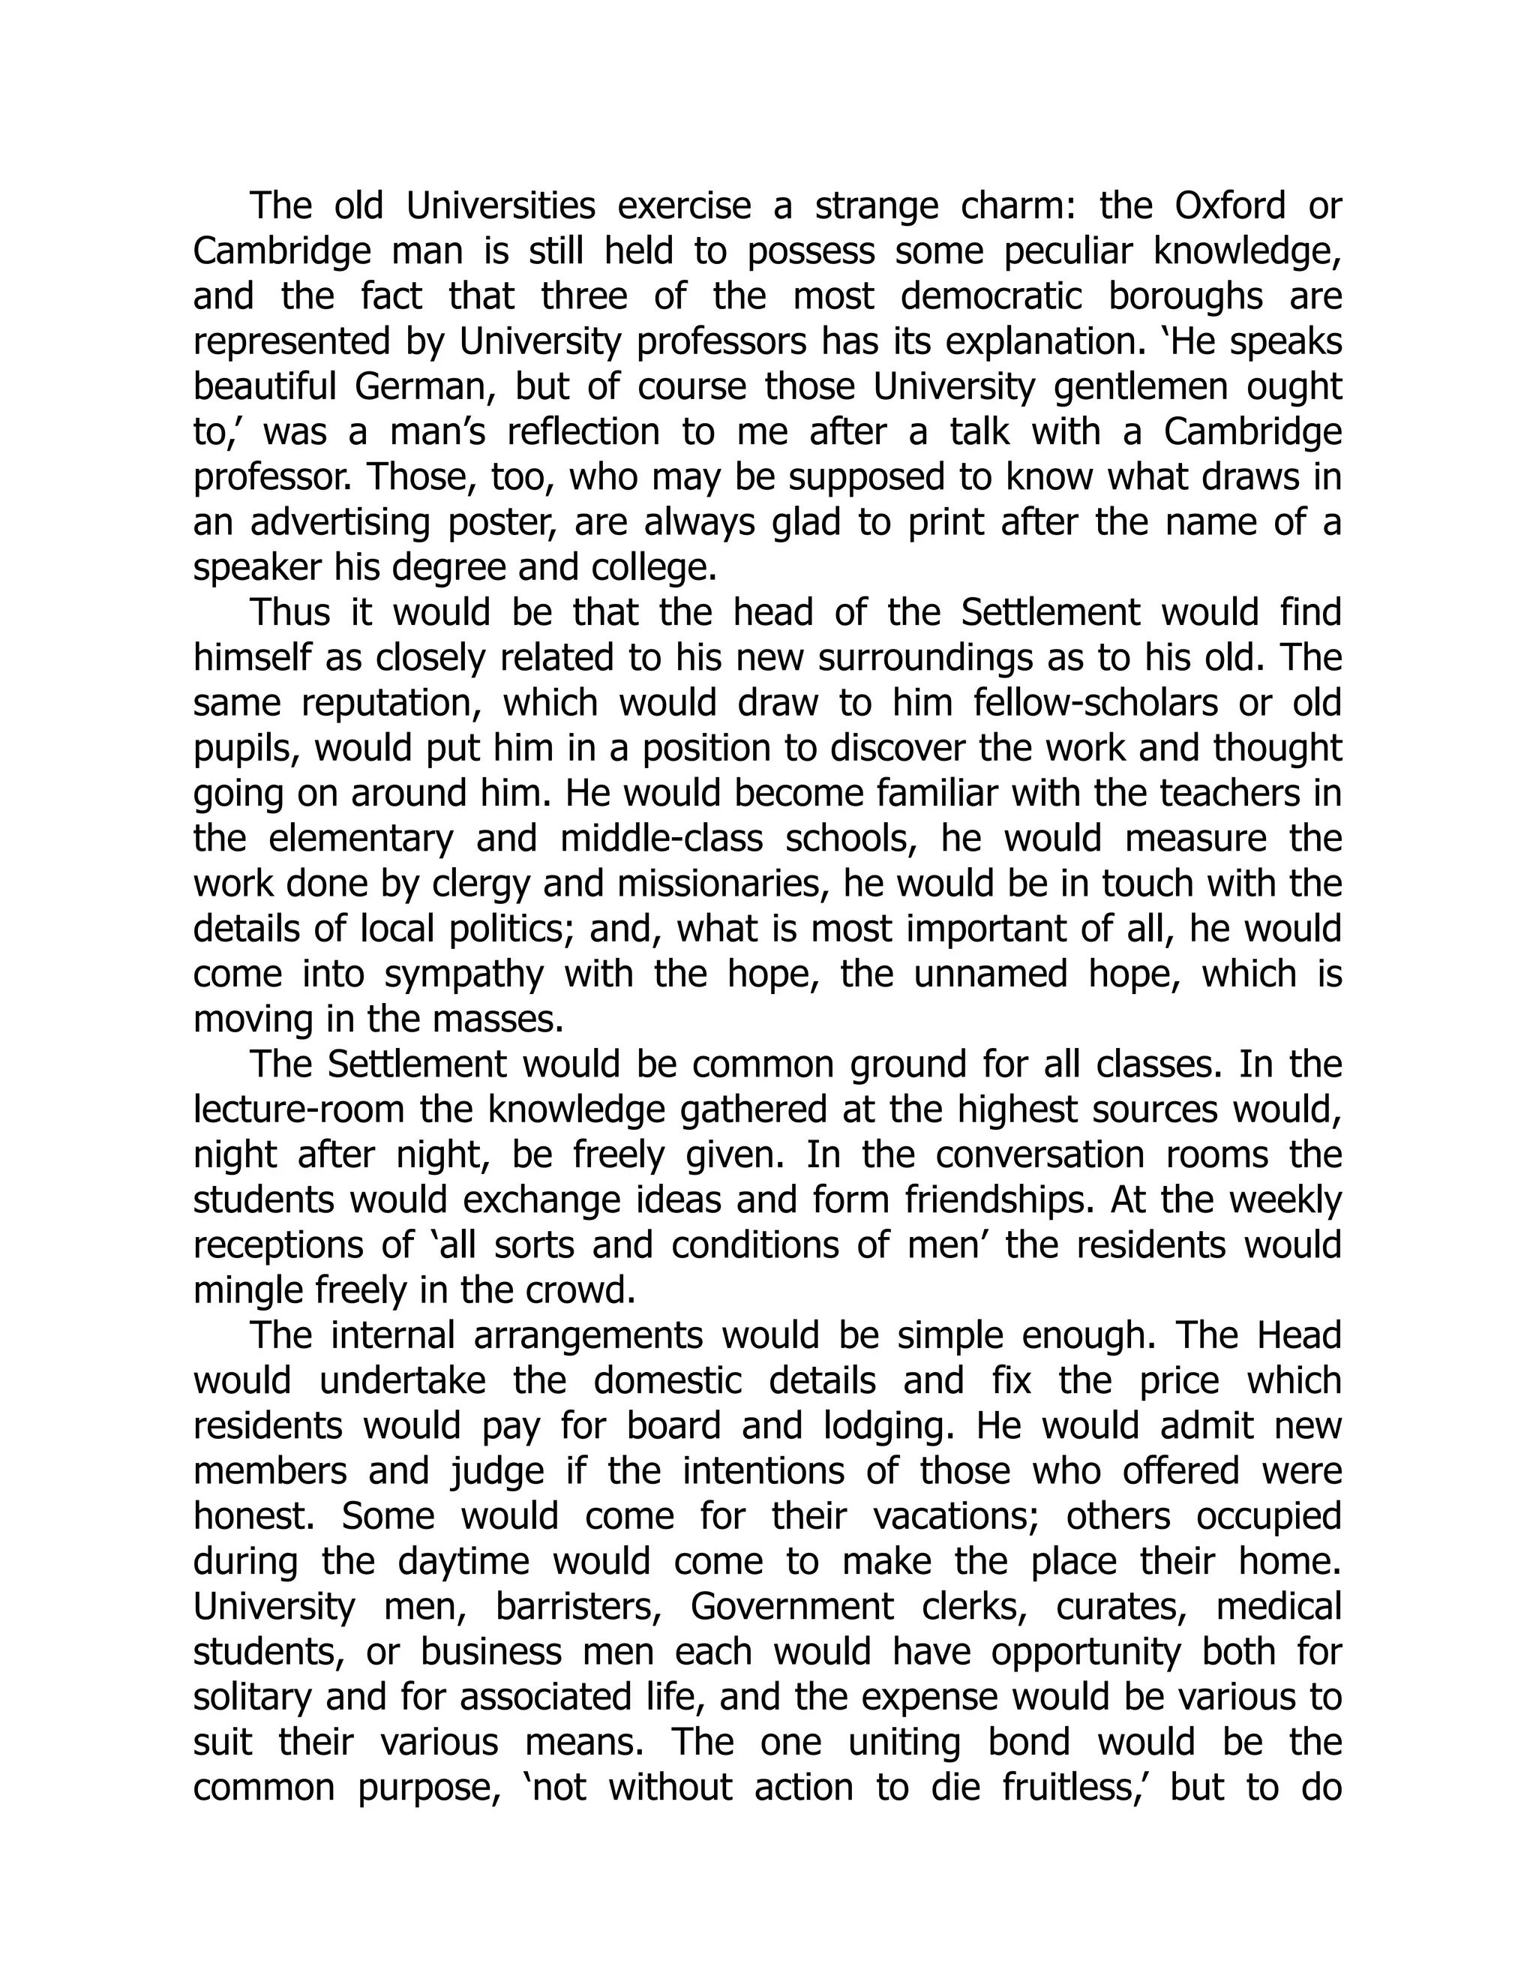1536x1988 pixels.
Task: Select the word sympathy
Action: point(463,974)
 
